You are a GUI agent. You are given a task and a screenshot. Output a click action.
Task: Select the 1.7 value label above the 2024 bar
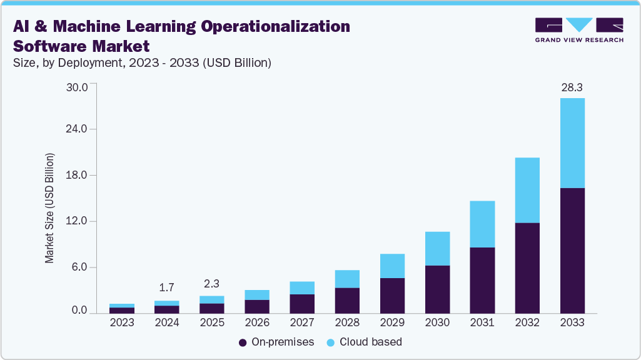pyautogui.click(x=167, y=288)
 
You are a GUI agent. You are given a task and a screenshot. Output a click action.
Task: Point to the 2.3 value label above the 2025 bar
pyautogui.click(x=212, y=283)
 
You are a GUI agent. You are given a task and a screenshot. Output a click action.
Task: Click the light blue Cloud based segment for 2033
pyautogui.click(x=572, y=142)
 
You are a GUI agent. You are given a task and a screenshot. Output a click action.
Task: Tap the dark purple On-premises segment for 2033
pyautogui.click(x=572, y=250)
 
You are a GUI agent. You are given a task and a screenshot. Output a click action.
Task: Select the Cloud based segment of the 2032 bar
pyautogui.click(x=527, y=190)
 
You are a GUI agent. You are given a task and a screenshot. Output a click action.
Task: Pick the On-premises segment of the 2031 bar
pyautogui.click(x=482, y=280)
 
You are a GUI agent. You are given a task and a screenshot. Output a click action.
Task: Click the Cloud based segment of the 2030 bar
pyautogui.click(x=437, y=248)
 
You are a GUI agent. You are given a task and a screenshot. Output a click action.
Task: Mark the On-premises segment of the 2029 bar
pyautogui.click(x=392, y=295)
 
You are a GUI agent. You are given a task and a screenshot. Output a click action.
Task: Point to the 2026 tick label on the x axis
pyautogui.click(x=257, y=323)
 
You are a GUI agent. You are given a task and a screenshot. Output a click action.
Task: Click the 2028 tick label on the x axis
pyautogui.click(x=347, y=323)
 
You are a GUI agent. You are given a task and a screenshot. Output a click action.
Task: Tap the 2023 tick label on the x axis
pyautogui.click(x=122, y=323)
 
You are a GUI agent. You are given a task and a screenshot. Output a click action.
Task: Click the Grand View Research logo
pyautogui.click(x=578, y=30)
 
